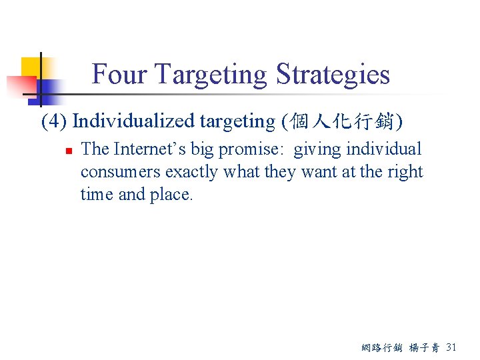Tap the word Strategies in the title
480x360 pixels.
tap(333, 74)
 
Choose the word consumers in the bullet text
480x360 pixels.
tap(121, 172)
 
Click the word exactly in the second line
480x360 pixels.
tap(193, 172)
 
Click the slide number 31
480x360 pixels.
tap(451, 347)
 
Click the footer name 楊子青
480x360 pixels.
tap(425, 347)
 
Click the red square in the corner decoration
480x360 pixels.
tap(20, 86)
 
